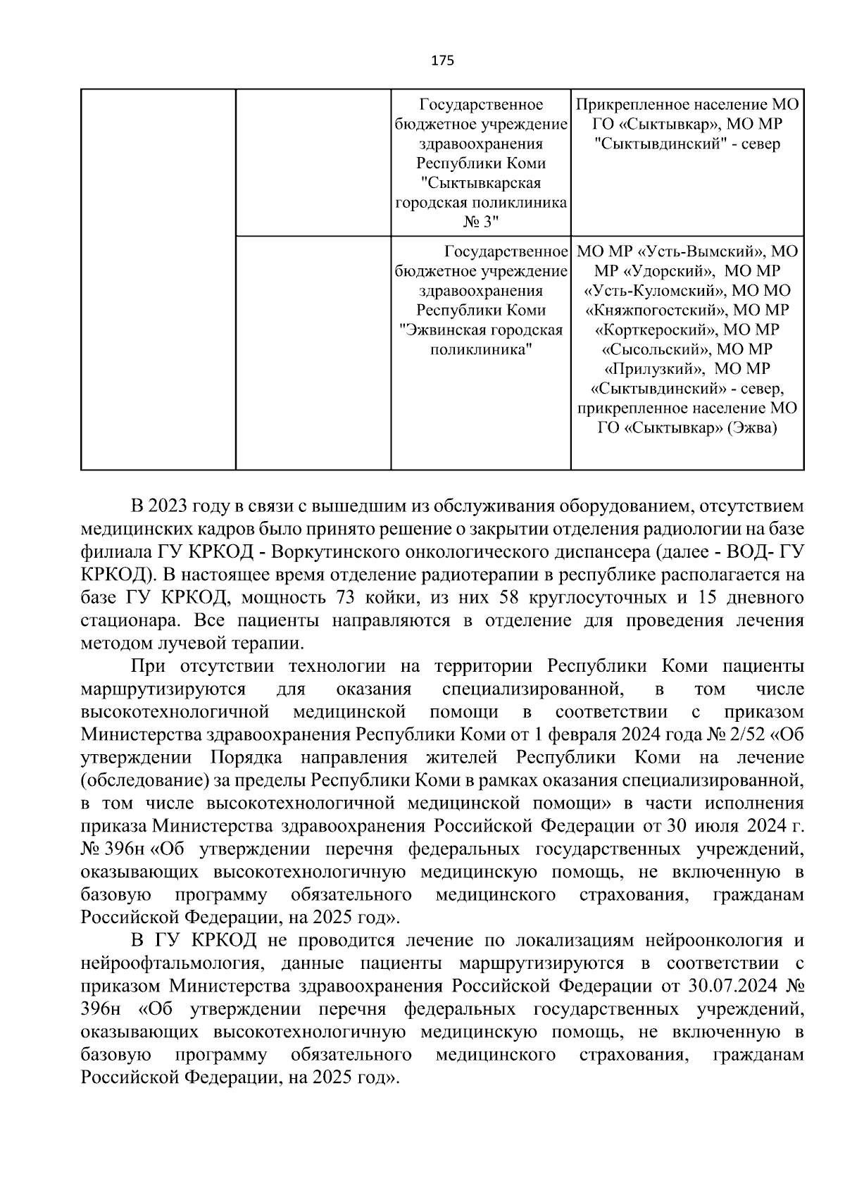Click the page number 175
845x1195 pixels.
(442, 61)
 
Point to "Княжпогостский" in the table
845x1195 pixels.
(659, 310)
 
